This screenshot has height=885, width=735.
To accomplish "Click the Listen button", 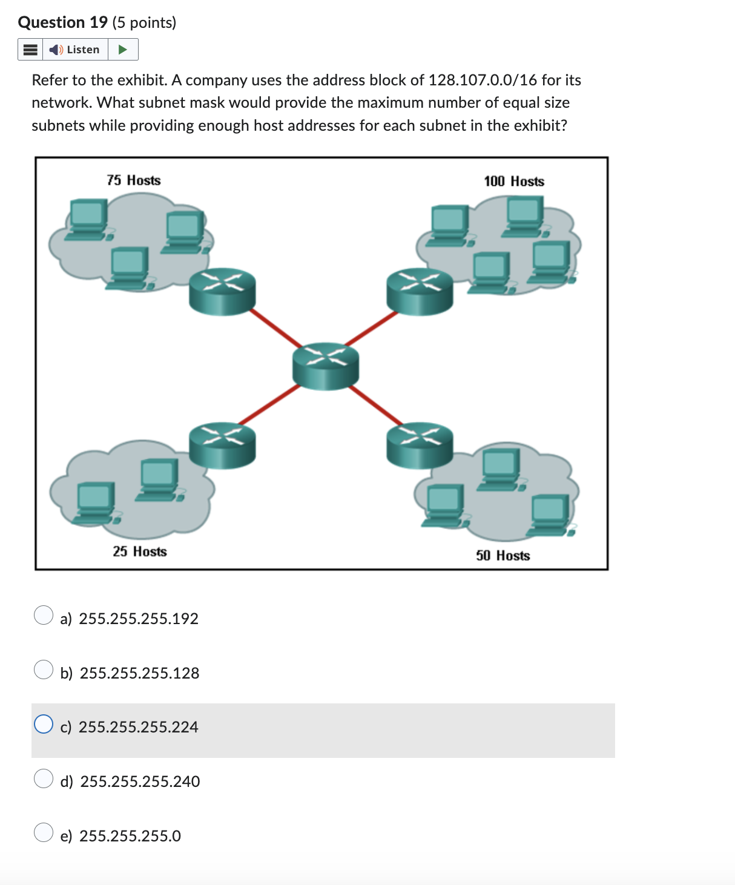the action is pos(75,50).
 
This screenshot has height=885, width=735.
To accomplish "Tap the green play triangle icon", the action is pos(123,50).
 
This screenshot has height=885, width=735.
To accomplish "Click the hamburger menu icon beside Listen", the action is pos(30,50).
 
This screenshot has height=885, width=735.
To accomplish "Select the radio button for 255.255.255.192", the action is pos(44,615).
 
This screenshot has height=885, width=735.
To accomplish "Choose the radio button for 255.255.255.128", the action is pos(44,670).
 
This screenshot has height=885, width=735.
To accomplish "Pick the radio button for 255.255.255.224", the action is pos(44,724).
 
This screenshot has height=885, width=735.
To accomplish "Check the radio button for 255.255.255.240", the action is pos(44,778).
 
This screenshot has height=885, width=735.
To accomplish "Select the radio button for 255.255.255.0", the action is pos(44,833).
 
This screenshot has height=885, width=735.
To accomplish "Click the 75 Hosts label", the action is pos(134,180).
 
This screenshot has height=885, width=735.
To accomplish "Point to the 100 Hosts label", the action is pos(514,182).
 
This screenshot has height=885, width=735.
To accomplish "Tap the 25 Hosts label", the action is pos(140,551).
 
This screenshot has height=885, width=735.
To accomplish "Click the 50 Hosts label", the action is pos(503,556).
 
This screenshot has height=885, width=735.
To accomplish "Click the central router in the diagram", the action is pos(326,366).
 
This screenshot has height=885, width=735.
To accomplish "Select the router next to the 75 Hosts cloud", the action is pos(222,291).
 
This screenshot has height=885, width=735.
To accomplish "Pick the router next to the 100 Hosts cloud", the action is pos(420,291).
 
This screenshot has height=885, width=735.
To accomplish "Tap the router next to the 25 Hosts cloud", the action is pos(222,445).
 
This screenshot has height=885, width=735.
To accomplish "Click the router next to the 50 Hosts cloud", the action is pos(420,445).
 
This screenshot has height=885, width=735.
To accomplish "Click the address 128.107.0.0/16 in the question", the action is pos(483,80).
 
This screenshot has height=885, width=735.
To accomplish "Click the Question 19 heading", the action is pos(63,22).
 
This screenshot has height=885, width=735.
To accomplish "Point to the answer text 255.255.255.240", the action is pos(140,781).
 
